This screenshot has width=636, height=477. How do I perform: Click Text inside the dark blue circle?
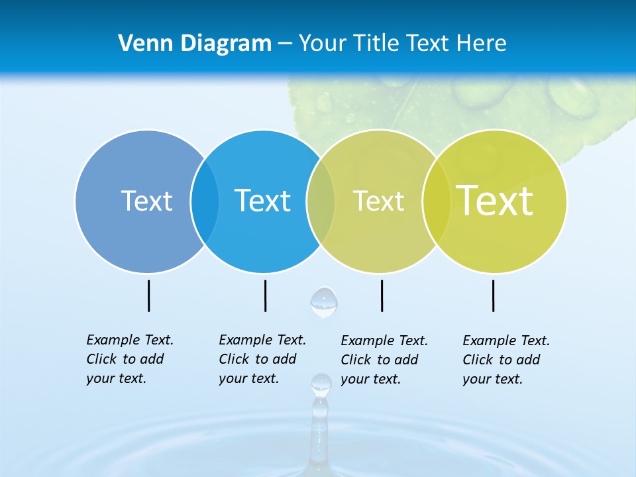tap(146, 201)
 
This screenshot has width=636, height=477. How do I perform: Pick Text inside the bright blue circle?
tap(262, 201)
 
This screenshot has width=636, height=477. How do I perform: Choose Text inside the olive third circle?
tap(378, 201)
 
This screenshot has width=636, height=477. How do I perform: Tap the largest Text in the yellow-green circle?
tap(494, 201)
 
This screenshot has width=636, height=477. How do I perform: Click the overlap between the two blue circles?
tap(205, 201)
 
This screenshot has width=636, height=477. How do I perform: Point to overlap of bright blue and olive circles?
tap(321, 201)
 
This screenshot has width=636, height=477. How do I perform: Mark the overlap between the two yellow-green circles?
tap(436, 201)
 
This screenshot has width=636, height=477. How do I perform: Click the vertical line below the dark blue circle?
tap(149, 295)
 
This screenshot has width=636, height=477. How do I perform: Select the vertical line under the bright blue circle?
tap(265, 295)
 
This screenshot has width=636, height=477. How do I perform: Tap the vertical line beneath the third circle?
tap(382, 295)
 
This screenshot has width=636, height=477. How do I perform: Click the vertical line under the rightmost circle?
tap(494, 295)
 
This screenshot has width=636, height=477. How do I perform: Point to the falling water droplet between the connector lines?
tap(324, 302)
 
